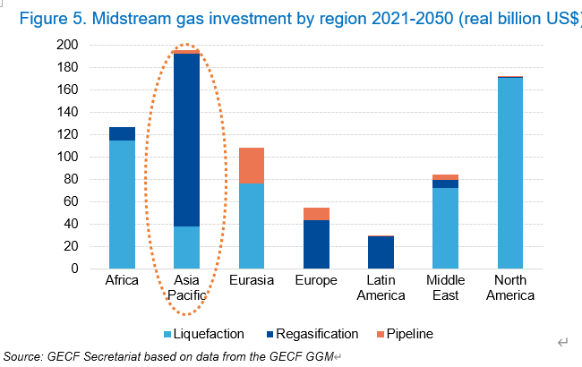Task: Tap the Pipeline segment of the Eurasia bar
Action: [x=252, y=166]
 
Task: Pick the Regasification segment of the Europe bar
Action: [x=316, y=244]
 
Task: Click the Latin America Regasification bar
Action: [x=381, y=252]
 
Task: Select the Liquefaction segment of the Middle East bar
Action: [x=446, y=228]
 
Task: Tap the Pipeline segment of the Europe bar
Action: [x=316, y=214]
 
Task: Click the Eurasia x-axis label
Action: [x=252, y=280]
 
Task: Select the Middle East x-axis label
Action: [x=446, y=287]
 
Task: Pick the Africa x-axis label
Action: [x=122, y=280]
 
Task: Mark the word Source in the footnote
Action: [x=22, y=357]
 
